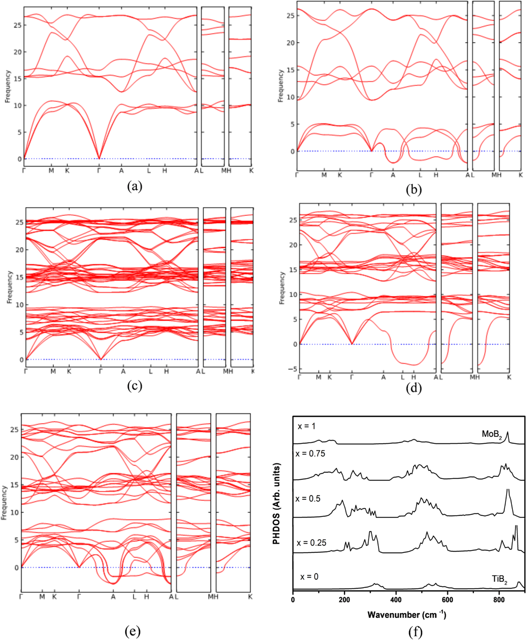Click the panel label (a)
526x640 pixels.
click(134, 186)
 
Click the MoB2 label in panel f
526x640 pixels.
click(492, 434)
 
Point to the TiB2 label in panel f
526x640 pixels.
click(499, 579)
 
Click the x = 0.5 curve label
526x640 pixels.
click(308, 498)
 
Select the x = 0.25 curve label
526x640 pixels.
click(311, 542)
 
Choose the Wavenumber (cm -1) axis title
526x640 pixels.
click(406, 615)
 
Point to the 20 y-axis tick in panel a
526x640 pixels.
click(17, 52)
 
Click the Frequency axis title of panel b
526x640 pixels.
click(280, 86)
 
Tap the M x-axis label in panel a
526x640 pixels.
click(51, 171)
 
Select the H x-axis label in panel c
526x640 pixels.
click(166, 371)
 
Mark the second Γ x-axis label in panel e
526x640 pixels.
click(79, 597)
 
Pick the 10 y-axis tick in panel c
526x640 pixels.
click(20, 305)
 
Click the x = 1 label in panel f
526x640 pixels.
click(306, 426)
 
